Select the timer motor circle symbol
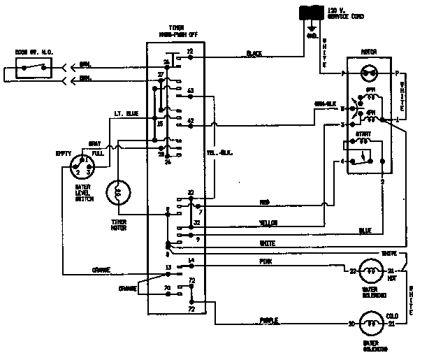118,192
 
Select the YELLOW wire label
268,224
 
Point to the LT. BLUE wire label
126,113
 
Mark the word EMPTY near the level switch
64,153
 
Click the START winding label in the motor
364,132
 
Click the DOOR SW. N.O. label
30,52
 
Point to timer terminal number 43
190,91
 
